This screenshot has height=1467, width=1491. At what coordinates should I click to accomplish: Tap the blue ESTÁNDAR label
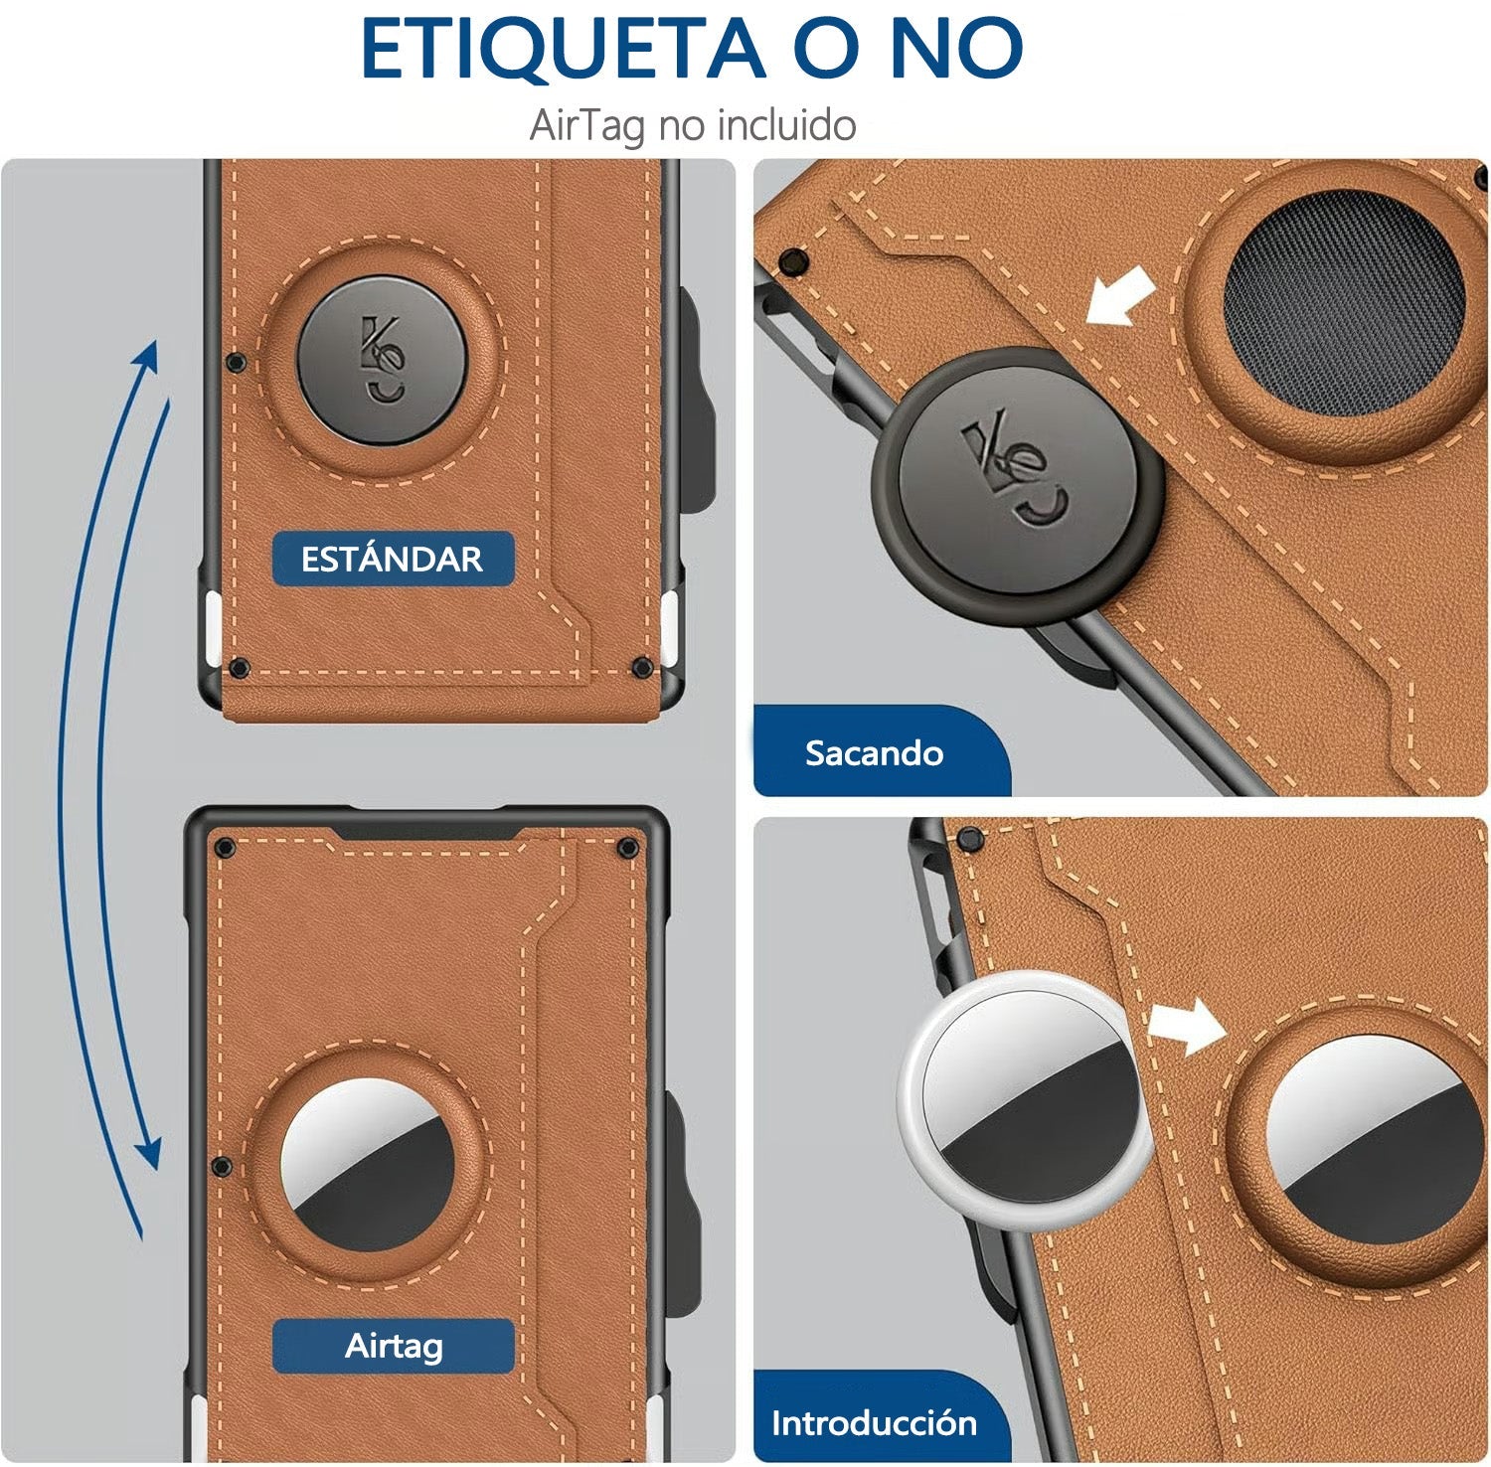(393, 559)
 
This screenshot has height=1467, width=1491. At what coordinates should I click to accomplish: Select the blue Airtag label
(394, 1346)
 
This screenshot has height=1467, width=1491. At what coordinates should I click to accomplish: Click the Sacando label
(874, 752)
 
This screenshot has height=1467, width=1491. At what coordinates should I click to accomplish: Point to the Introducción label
(874, 1422)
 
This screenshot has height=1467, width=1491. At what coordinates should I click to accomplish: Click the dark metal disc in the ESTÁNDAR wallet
(382, 361)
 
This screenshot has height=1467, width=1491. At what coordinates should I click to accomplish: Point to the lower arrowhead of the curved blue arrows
(149, 1153)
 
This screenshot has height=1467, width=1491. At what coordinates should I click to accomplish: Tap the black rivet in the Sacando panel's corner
(793, 262)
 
